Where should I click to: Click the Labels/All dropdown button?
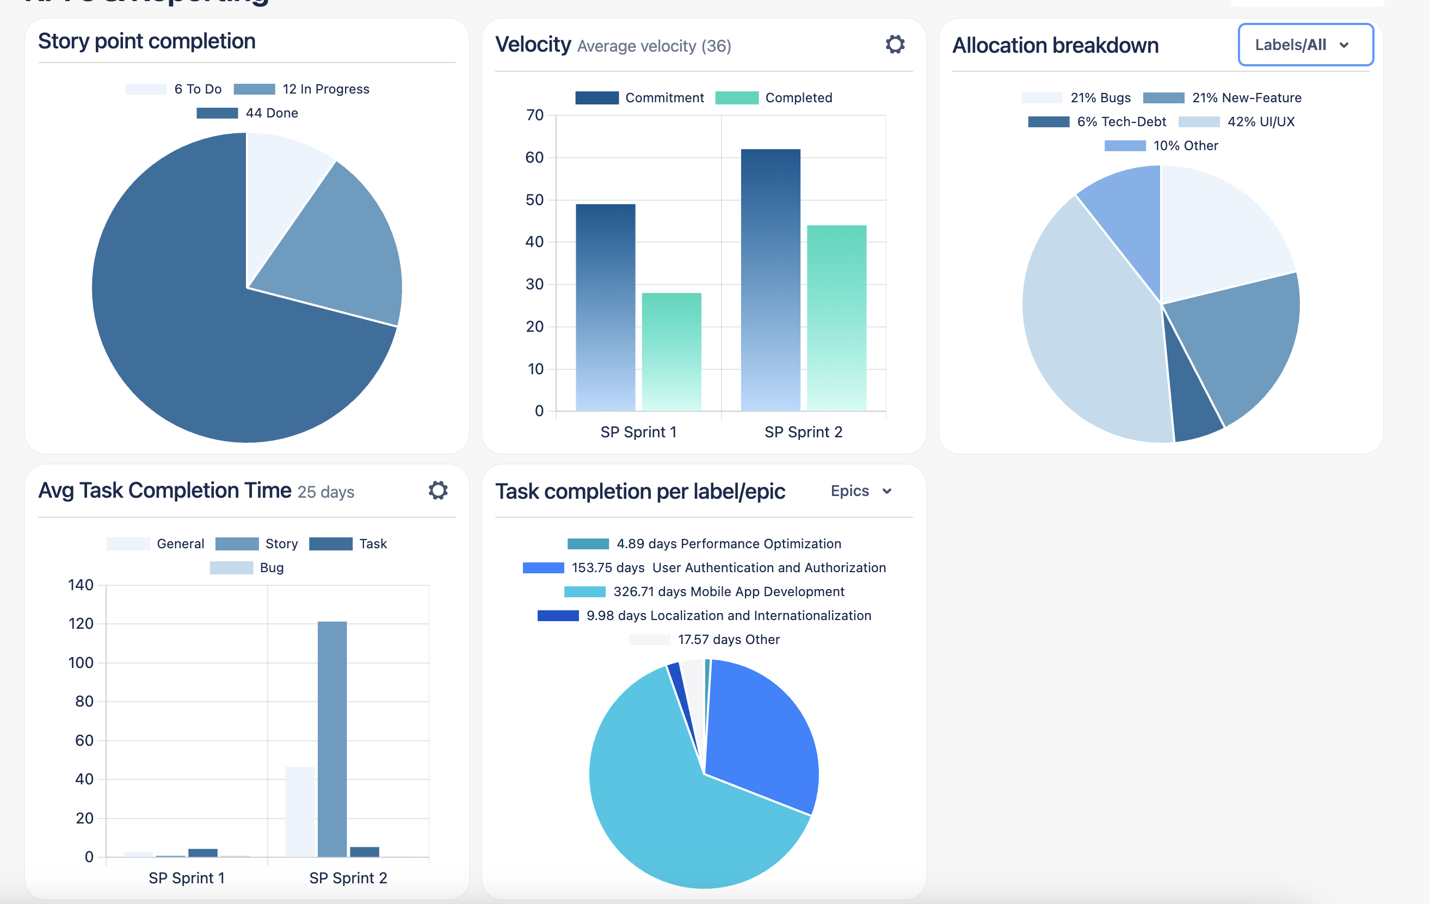(1305, 45)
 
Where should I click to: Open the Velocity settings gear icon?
(895, 44)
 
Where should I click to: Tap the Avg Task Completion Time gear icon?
(437, 490)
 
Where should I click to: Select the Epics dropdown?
(860, 491)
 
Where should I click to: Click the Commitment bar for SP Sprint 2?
(770, 279)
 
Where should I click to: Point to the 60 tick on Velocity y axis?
(534, 157)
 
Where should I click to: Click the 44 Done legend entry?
(248, 113)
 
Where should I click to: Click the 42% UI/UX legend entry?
(1236, 122)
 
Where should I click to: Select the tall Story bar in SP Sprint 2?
(332, 736)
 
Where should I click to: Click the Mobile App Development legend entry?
(704, 591)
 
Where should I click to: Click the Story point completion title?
(147, 41)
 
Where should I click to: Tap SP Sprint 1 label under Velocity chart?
(638, 431)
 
